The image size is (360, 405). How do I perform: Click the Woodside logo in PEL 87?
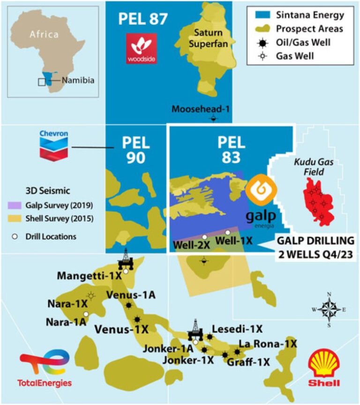pyautogui.click(x=141, y=49)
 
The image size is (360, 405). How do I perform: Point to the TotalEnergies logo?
pyautogui.click(x=45, y=370)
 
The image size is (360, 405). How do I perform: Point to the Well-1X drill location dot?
pyautogui.click(x=228, y=232)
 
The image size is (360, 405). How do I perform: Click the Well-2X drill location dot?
pyautogui.click(x=204, y=236)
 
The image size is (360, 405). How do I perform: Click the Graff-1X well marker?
pyautogui.click(x=225, y=355)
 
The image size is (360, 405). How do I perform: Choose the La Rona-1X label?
pyautogui.click(x=268, y=344)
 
